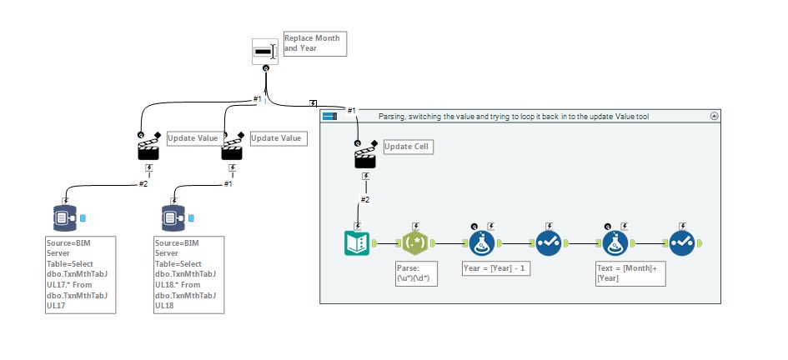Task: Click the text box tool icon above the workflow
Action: [265, 50]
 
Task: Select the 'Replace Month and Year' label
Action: [312, 43]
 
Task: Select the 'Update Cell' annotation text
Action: [409, 147]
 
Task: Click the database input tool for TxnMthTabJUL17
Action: [65, 218]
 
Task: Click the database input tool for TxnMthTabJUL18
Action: [173, 218]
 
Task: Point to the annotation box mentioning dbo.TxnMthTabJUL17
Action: [80, 275]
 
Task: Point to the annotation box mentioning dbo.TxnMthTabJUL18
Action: [189, 275]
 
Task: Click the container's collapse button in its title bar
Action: [714, 117]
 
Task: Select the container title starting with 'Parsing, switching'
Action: [513, 117]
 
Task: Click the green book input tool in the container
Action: [358, 243]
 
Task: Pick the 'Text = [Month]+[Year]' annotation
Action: [630, 274]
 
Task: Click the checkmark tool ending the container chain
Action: [681, 243]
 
